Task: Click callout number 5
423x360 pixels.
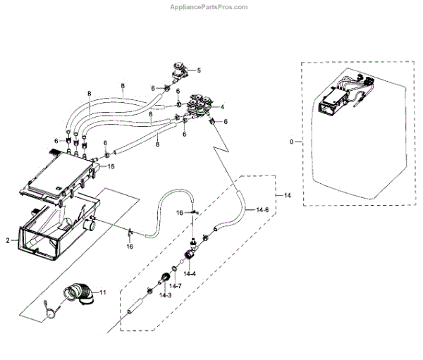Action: pos(200,70)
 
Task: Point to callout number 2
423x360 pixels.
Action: pos(8,240)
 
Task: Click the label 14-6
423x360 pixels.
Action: pos(262,210)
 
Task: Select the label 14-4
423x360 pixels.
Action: pos(190,273)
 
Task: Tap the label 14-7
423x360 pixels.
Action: pos(175,286)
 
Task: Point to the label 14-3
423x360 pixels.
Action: pos(165,295)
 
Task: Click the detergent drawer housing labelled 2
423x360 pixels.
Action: pos(49,232)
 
